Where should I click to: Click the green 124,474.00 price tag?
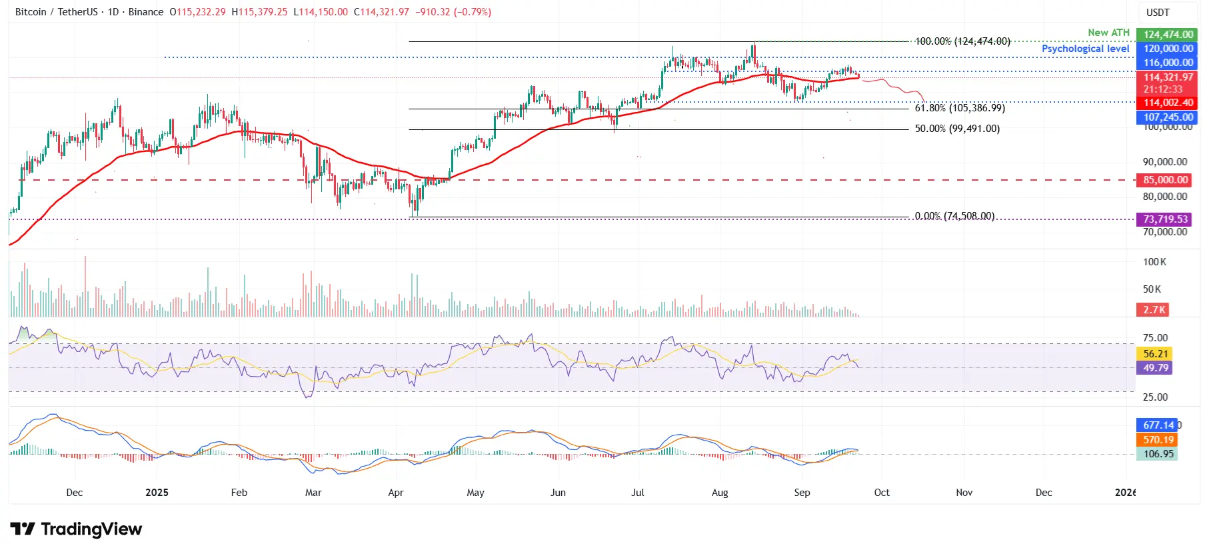[1167, 35]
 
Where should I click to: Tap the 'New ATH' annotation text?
[1108, 33]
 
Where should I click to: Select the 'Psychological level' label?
[1085, 49]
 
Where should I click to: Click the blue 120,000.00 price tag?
[1167, 49]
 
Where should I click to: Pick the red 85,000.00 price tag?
[1166, 180]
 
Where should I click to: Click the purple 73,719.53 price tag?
[1166, 219]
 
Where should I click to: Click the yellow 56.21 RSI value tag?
[1155, 354]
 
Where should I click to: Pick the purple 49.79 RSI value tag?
[1155, 368]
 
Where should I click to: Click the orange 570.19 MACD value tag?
[1158, 440]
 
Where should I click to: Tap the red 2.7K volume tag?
[1154, 310]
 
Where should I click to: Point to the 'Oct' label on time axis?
[881, 493]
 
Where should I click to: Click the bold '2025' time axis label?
[157, 493]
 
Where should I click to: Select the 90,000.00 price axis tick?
[1164, 162]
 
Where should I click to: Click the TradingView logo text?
[77, 529]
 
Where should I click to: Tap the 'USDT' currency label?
[1158, 13]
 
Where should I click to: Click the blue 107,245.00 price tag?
[1167, 117]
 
